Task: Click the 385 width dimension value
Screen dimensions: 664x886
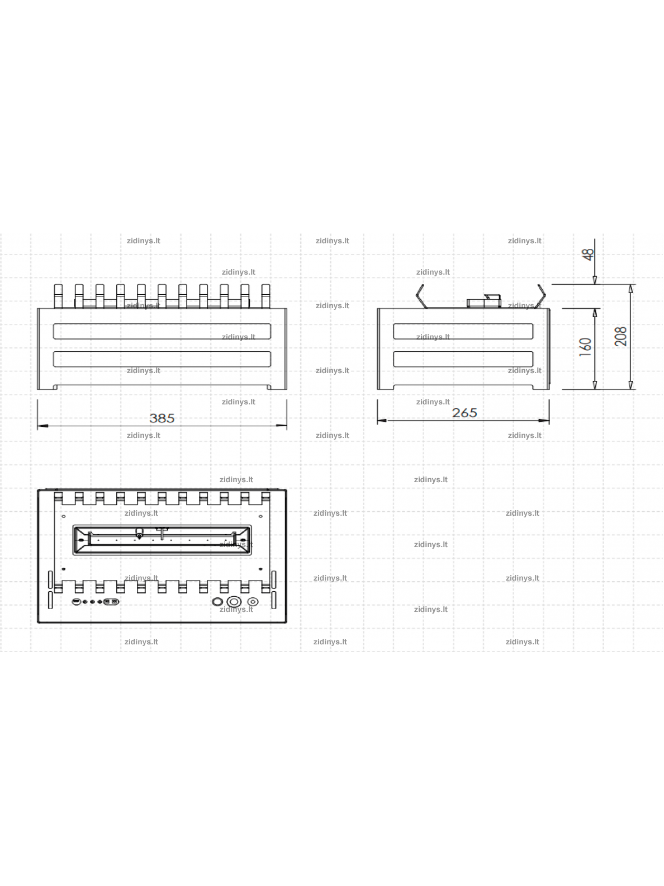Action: pyautogui.click(x=162, y=418)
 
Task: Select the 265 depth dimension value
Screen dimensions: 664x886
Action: pyautogui.click(x=464, y=413)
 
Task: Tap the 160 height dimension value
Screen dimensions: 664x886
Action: pyautogui.click(x=585, y=347)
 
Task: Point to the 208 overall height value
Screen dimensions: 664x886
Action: pyautogui.click(x=621, y=337)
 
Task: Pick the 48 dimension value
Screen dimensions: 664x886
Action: pyautogui.click(x=588, y=255)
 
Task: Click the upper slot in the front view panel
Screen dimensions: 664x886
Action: pyautogui.click(x=162, y=331)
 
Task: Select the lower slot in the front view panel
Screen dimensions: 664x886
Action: pyautogui.click(x=162, y=359)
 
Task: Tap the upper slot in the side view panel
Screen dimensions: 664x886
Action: pyautogui.click(x=463, y=331)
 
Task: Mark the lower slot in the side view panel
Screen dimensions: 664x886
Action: pyautogui.click(x=463, y=359)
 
